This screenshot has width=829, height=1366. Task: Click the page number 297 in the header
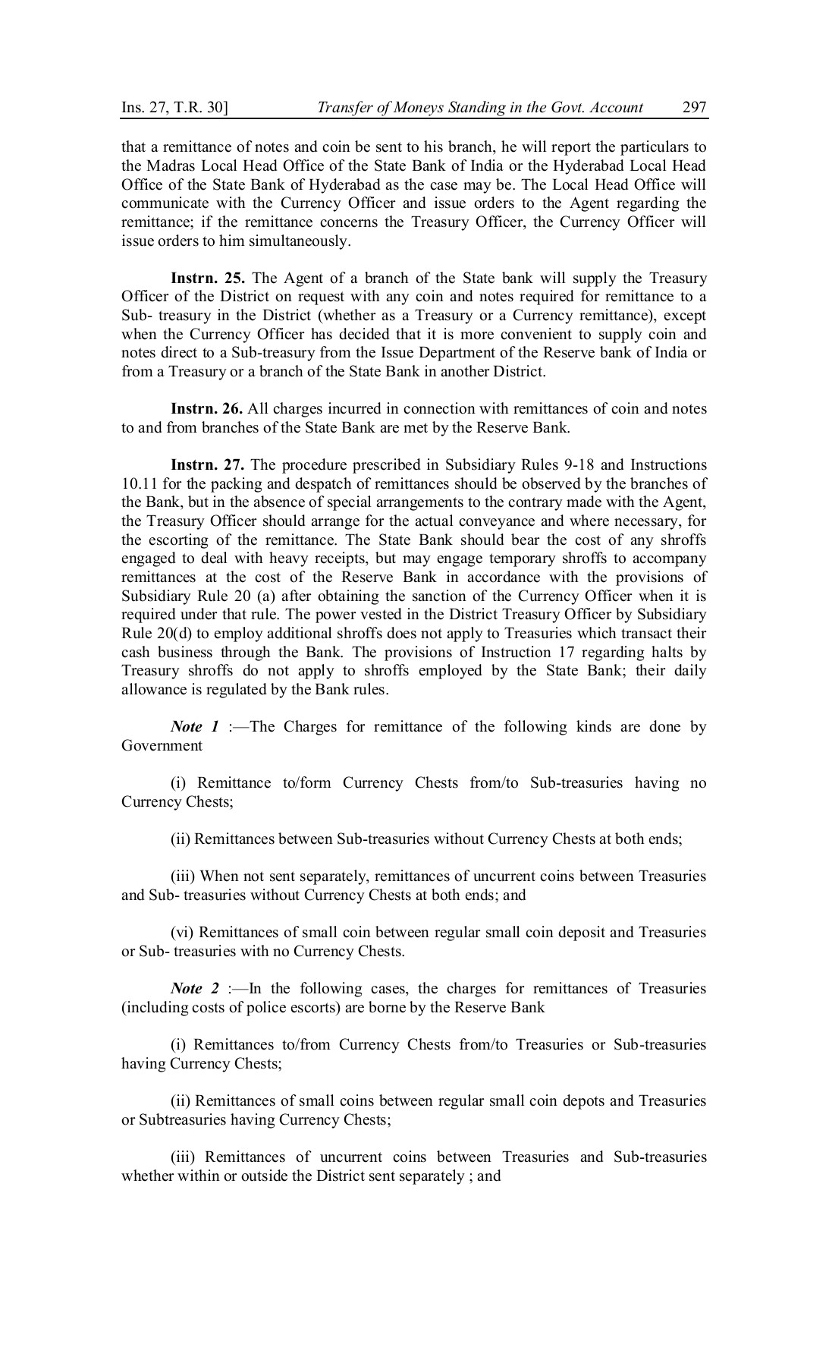click(x=694, y=108)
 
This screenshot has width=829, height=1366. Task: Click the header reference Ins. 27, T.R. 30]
click(x=174, y=108)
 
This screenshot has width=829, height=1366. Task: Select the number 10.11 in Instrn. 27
click(x=138, y=484)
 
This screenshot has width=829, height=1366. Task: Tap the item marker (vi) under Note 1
click(x=182, y=933)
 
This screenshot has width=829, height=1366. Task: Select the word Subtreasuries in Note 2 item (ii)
click(x=182, y=1120)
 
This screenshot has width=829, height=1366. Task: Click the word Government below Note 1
click(x=162, y=746)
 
